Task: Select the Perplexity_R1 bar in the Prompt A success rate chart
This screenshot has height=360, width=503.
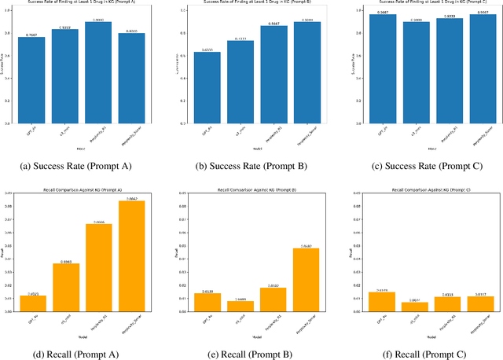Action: click(x=97, y=72)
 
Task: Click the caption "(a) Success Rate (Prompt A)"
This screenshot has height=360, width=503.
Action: click(x=81, y=166)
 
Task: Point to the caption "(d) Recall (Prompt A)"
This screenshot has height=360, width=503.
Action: click(x=81, y=354)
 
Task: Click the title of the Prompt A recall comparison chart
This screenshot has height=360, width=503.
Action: click(x=82, y=191)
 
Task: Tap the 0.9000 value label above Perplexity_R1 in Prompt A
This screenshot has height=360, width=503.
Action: click(x=97, y=20)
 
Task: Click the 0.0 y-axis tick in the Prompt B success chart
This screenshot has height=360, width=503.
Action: click(x=188, y=123)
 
